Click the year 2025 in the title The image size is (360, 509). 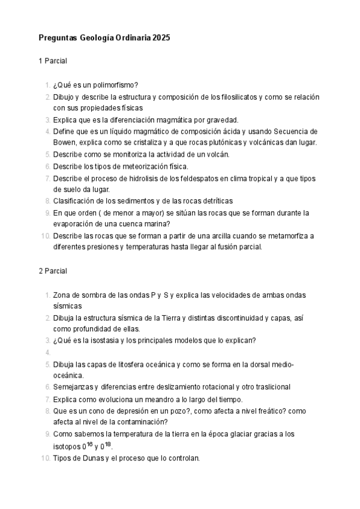[x=161, y=37]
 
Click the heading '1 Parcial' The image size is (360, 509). [x=53, y=61]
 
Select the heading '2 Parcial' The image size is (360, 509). [x=53, y=271]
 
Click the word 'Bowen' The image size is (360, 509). [x=65, y=142]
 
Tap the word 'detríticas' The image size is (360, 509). [x=215, y=200]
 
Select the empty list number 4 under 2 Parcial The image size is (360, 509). [x=48, y=352]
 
